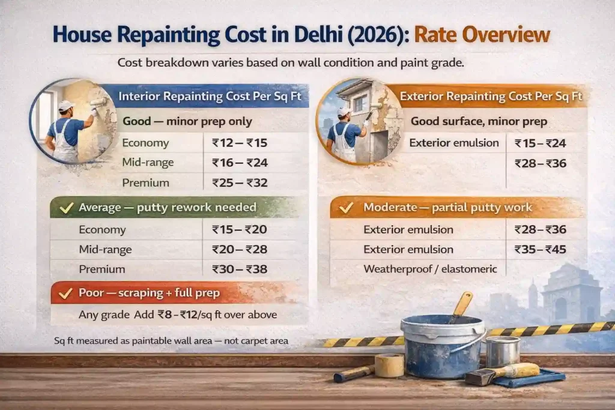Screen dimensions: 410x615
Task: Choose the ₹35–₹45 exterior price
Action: [541, 249]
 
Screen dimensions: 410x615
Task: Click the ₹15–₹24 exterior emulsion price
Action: [541, 143]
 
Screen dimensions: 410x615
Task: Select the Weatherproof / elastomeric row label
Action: [430, 269]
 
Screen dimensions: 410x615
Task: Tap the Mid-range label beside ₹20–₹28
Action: [105, 249]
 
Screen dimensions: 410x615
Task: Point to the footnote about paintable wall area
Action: [171, 340]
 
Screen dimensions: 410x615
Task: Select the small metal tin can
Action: [502, 351]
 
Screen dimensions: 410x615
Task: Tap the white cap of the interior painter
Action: [66, 106]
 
